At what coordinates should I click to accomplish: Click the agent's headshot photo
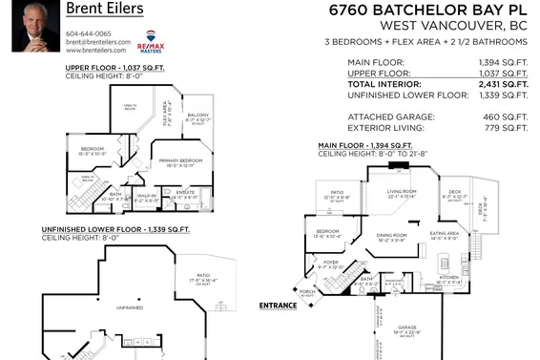coord(30,27)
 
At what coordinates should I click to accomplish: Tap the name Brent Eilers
coord(105,10)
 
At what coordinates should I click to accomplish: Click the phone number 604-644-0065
coord(88,33)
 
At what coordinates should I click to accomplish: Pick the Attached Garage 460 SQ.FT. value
coord(509,116)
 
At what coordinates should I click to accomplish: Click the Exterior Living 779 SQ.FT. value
coord(509,126)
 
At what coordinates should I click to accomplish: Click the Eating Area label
coord(445,233)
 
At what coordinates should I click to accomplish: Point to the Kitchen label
coord(447,278)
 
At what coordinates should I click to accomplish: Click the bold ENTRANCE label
coord(278,306)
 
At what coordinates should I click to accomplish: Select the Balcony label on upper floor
coord(197,115)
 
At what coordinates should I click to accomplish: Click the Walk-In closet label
coord(147,196)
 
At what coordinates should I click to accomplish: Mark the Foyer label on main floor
coord(329,262)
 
